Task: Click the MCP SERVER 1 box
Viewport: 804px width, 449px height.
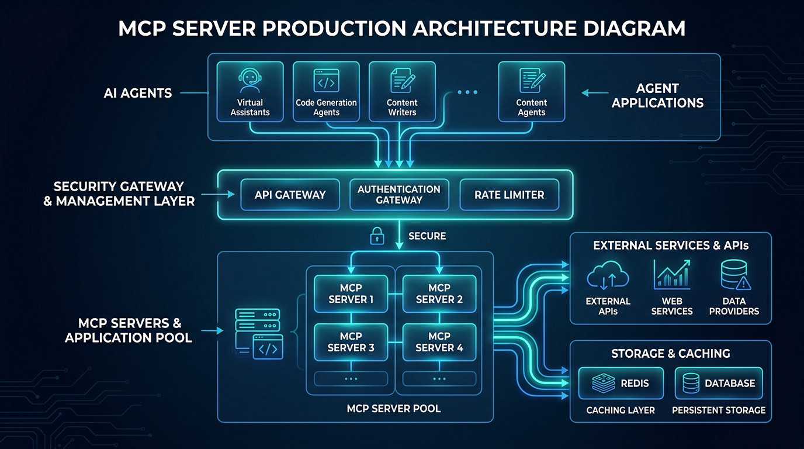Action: pos(351,293)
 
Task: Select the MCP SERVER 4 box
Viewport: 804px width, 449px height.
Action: pos(439,342)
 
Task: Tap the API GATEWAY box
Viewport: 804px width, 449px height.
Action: pos(290,195)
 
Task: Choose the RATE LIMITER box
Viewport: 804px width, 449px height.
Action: pos(509,195)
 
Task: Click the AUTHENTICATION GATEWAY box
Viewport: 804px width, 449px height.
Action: pos(399,195)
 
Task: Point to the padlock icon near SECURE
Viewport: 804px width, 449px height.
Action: pos(377,236)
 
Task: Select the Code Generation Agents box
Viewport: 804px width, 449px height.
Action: pos(326,92)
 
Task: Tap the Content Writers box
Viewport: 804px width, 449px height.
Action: pos(402,92)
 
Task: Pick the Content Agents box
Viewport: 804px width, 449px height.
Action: pos(531,92)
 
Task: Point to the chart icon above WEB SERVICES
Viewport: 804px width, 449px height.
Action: pos(671,275)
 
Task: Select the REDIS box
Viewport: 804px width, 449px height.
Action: pos(621,384)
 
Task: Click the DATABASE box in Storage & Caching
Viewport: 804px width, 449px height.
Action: pos(719,384)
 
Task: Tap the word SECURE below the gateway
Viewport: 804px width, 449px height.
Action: pos(427,236)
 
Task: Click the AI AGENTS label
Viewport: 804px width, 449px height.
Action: pos(138,93)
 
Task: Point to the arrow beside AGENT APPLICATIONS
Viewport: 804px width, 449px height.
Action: pos(595,92)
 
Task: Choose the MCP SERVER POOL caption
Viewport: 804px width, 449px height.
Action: pos(394,408)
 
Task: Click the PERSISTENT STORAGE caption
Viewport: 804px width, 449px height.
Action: pos(719,410)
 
